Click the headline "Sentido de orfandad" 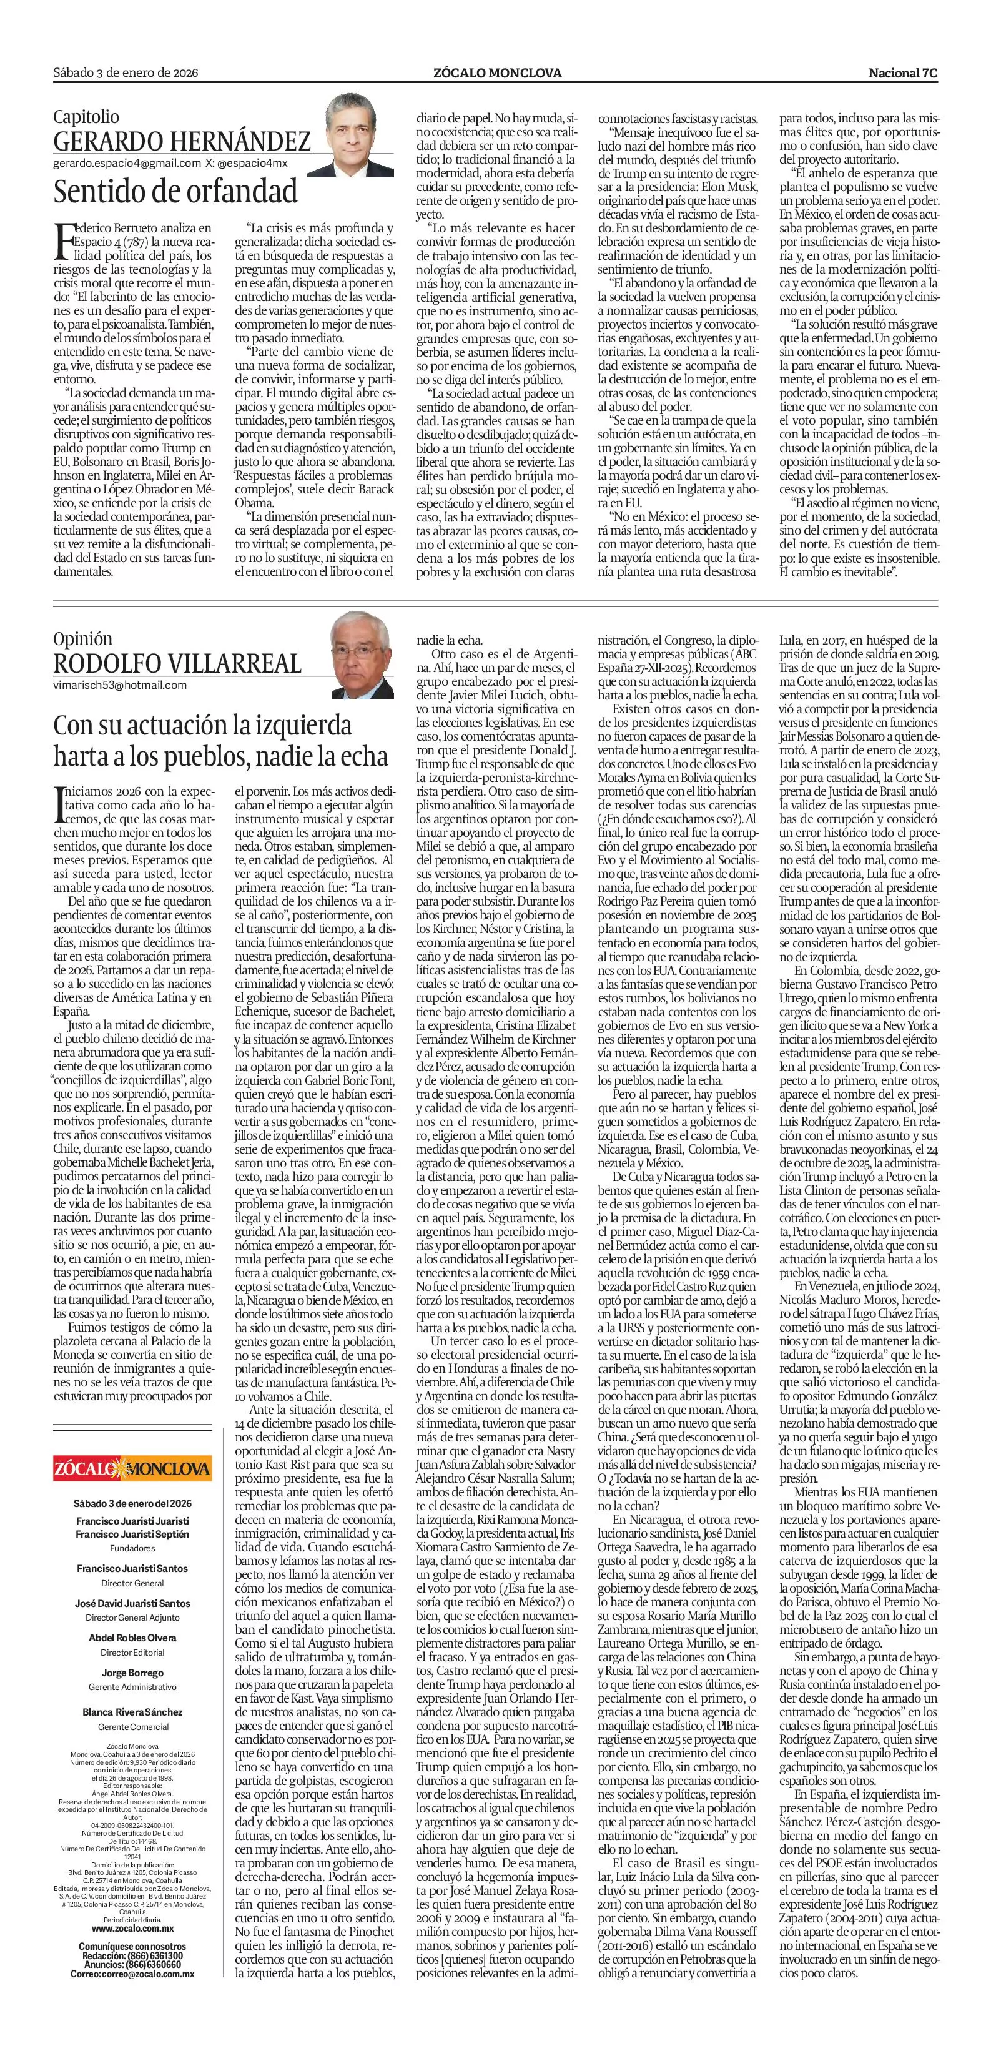point(175,191)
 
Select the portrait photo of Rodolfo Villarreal point(363,653)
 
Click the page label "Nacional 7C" point(903,73)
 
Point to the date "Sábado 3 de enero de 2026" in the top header point(126,73)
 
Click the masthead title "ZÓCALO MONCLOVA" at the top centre point(497,73)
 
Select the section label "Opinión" point(82,638)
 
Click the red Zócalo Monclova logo point(132,1466)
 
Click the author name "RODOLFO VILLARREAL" point(177,663)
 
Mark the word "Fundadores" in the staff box point(132,1549)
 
